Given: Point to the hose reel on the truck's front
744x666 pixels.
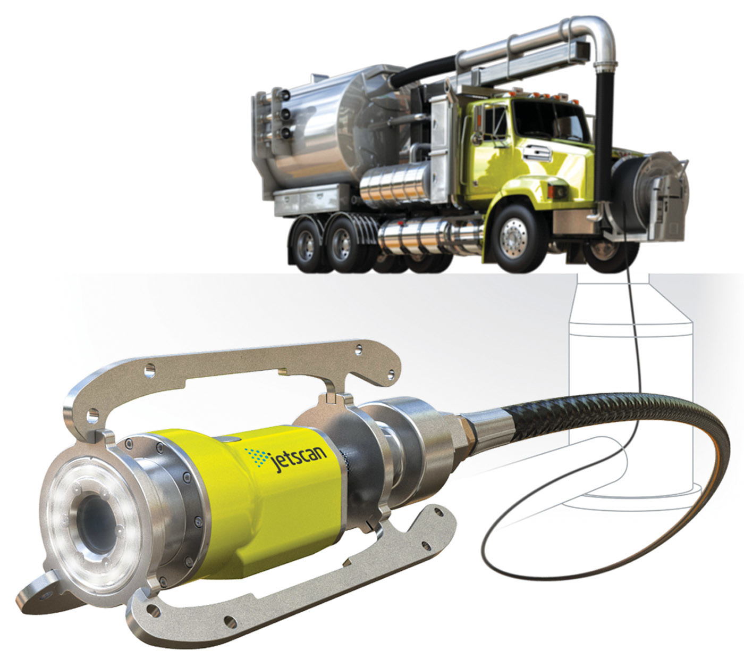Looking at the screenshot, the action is (x=650, y=195).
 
